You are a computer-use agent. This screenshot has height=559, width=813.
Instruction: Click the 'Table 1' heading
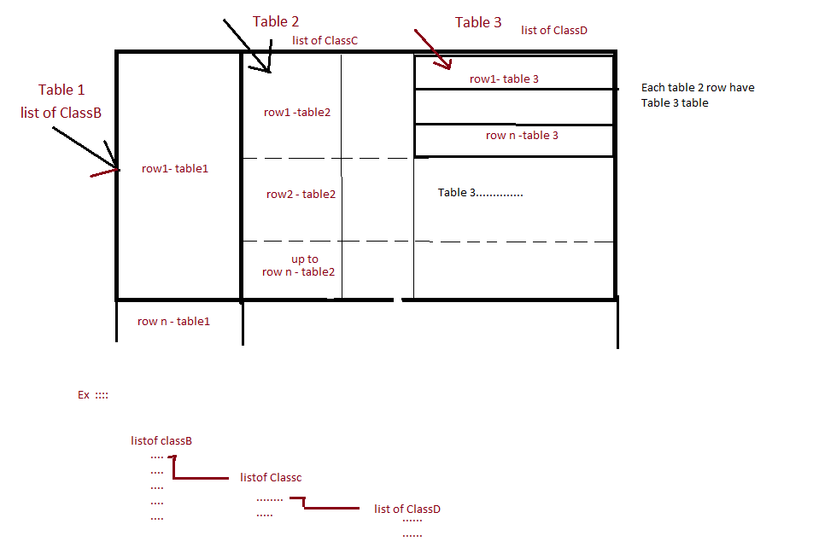coord(61,90)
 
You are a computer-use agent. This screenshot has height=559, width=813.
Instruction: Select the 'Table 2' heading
coord(276,21)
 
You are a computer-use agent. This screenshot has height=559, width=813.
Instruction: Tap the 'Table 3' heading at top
coord(478,22)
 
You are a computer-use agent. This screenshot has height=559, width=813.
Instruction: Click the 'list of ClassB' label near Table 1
coord(61,113)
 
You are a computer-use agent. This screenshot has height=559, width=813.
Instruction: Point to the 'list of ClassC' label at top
coord(325,40)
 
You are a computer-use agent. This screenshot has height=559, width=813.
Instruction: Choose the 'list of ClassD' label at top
coord(554,30)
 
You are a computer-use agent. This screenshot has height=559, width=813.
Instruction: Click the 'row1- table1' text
coord(175,168)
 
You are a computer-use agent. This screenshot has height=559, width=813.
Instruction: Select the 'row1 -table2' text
coord(297,112)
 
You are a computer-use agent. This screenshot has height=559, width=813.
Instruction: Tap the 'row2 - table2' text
coord(301,194)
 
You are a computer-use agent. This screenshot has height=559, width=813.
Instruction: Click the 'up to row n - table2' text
coord(299,265)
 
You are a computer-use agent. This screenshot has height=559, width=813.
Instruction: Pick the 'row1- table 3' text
coord(504,79)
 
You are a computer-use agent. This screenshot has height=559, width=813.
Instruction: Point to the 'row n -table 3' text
coord(522,135)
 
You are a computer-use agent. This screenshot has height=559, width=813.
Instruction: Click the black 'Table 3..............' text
coord(481,192)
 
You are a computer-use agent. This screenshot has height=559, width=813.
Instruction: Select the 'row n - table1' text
coord(173,321)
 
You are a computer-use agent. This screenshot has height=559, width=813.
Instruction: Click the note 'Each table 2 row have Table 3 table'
coord(698,95)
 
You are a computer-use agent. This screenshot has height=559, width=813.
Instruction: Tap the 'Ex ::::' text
coord(93,395)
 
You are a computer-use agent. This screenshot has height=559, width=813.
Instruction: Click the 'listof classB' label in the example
coord(161,441)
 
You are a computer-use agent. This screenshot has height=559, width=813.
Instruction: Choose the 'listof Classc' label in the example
coord(271,478)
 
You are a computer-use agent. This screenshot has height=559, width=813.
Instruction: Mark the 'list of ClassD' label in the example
coord(407,509)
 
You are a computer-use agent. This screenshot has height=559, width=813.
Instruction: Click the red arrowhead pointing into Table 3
coord(445,65)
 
